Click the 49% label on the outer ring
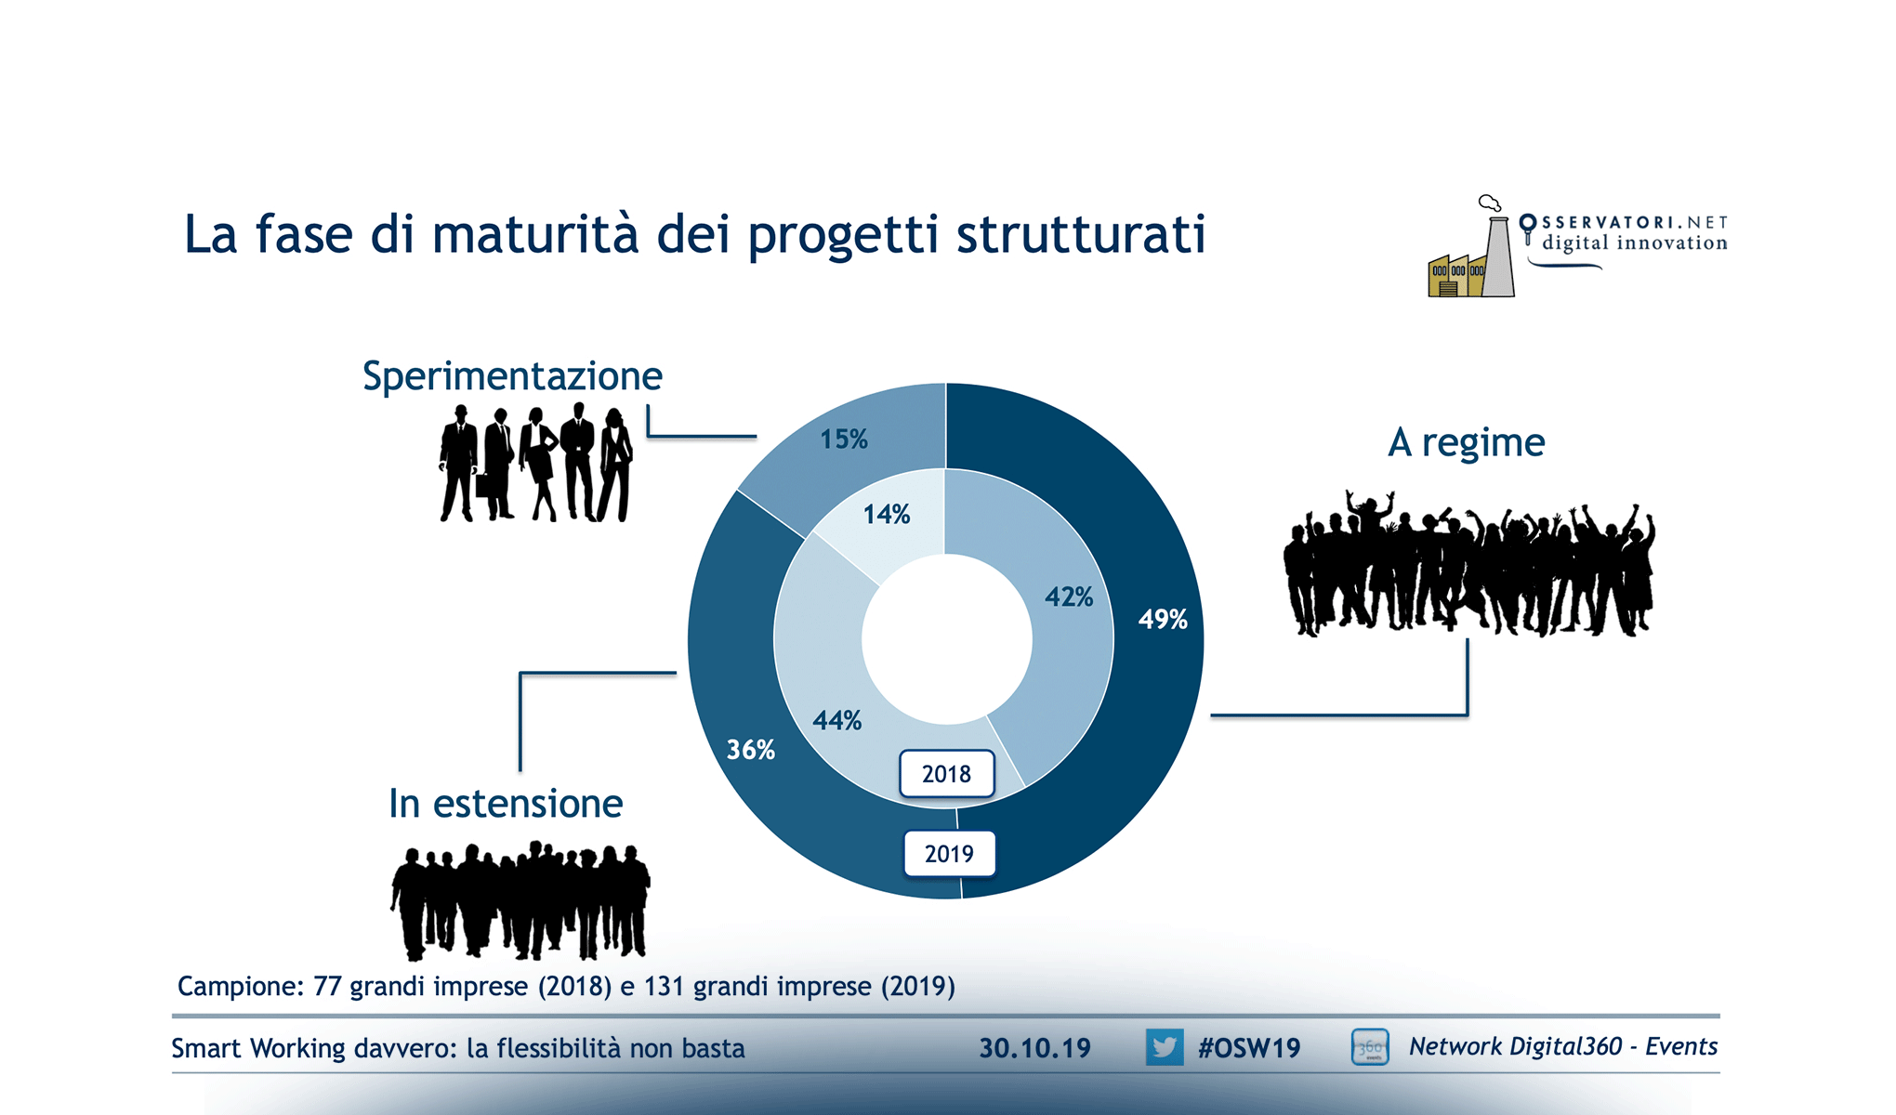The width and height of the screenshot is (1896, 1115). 1163,619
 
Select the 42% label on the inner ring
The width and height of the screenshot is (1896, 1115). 1069,597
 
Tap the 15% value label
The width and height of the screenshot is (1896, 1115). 844,439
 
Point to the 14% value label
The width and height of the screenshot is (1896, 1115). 887,514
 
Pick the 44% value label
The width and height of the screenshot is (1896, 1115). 837,720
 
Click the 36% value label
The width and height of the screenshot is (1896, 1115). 751,749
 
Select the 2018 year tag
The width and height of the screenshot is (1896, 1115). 947,774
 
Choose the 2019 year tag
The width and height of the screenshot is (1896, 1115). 950,854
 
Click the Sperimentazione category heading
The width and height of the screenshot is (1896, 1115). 512,376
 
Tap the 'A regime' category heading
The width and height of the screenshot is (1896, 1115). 1467,443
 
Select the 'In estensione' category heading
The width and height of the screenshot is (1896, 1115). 506,804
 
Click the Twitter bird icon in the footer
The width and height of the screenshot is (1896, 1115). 1165,1047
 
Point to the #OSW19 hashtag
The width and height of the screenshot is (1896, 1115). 1249,1048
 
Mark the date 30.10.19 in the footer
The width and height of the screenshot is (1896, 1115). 1034,1048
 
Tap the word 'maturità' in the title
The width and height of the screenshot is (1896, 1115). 535,233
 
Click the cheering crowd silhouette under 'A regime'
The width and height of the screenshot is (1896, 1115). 1468,564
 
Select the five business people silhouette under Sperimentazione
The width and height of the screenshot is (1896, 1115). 536,463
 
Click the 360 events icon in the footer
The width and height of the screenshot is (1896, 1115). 1370,1047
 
